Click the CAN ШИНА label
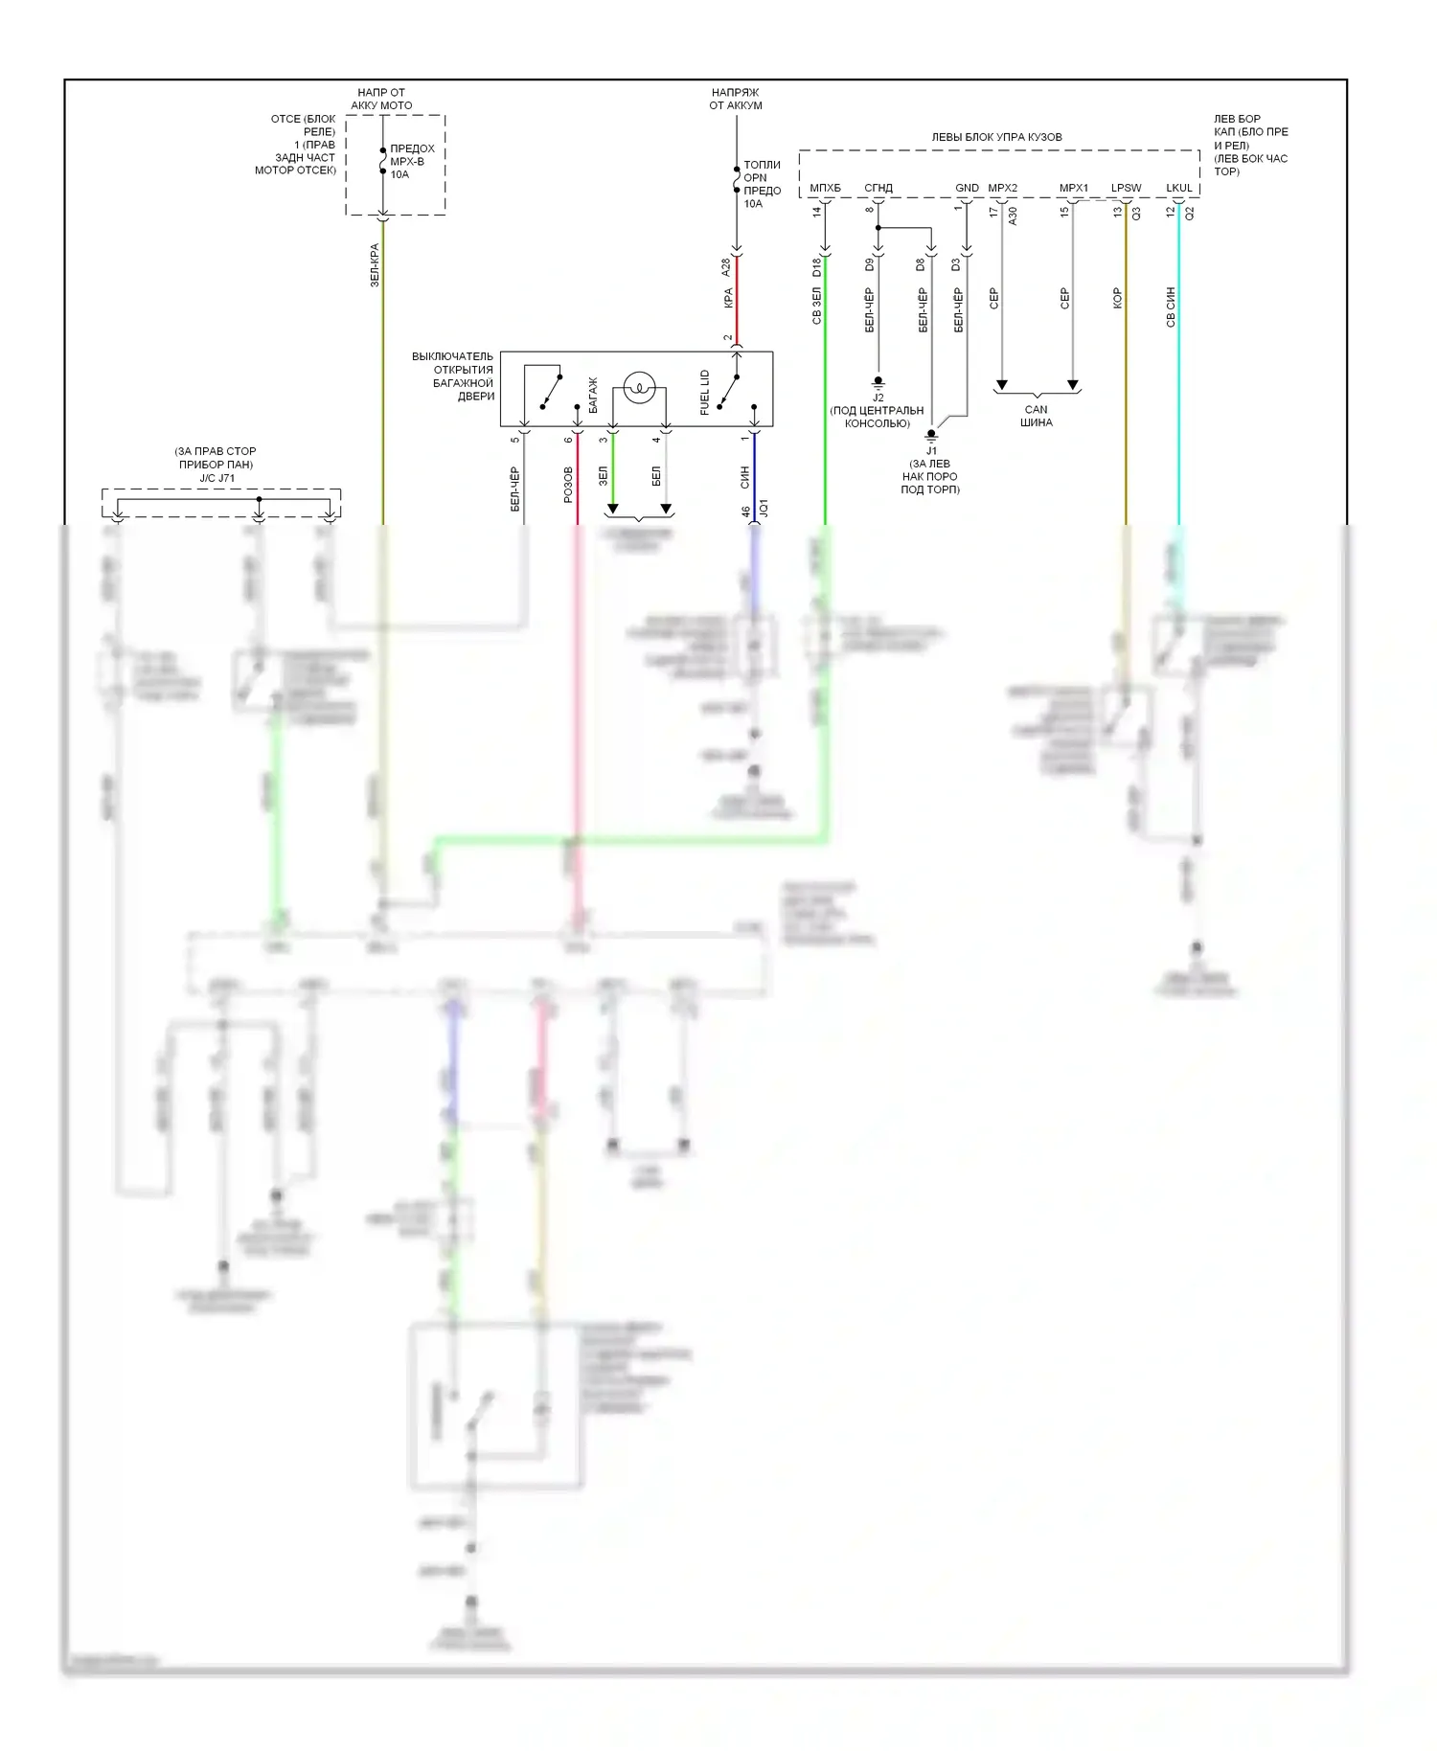point(1036,416)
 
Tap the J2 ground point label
point(878,398)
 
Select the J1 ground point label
point(931,451)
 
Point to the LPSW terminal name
point(1126,188)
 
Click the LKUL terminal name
point(1179,188)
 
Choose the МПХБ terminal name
point(825,188)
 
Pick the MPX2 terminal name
point(1002,188)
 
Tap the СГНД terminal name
point(878,188)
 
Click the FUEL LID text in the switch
point(705,392)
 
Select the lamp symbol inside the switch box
point(639,388)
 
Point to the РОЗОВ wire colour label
point(568,485)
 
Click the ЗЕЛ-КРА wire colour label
point(375,265)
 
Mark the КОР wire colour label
point(1117,299)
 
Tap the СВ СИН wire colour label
point(1171,307)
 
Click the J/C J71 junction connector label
point(217,478)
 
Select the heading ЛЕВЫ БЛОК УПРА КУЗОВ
point(996,137)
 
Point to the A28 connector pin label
point(726,267)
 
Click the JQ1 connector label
point(764,509)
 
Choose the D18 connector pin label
point(817,267)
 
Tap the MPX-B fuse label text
point(407,161)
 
